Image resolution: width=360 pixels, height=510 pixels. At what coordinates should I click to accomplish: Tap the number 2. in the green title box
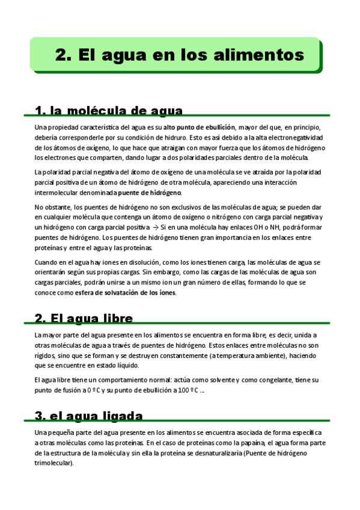click(64, 55)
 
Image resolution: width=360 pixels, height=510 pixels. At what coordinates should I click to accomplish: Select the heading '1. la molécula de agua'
click(109, 111)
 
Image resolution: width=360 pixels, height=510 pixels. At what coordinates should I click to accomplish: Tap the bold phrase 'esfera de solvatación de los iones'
click(126, 292)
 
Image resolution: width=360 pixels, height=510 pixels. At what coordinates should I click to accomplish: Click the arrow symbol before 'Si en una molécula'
click(156, 228)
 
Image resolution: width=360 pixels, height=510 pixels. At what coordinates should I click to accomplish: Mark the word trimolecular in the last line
click(53, 462)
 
